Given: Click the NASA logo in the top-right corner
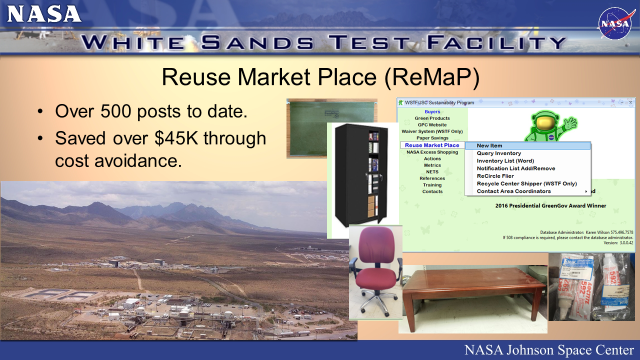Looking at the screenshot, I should click(x=612, y=22).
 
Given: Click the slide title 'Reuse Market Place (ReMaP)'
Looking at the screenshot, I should click(x=319, y=78).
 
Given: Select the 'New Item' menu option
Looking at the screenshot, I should click(x=490, y=146).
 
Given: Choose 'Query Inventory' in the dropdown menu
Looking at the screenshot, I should click(x=499, y=153).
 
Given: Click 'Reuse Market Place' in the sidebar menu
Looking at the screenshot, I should click(x=431, y=146).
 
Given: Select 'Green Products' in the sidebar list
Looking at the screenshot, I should click(x=432, y=118).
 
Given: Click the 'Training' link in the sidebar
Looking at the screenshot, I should click(x=432, y=184).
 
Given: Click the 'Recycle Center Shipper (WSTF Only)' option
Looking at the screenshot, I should click(x=526, y=183).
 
